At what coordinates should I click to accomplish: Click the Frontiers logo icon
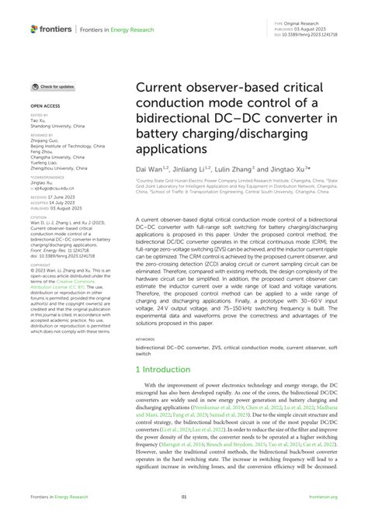click(35, 28)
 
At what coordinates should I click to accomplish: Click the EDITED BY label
click(40, 114)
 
